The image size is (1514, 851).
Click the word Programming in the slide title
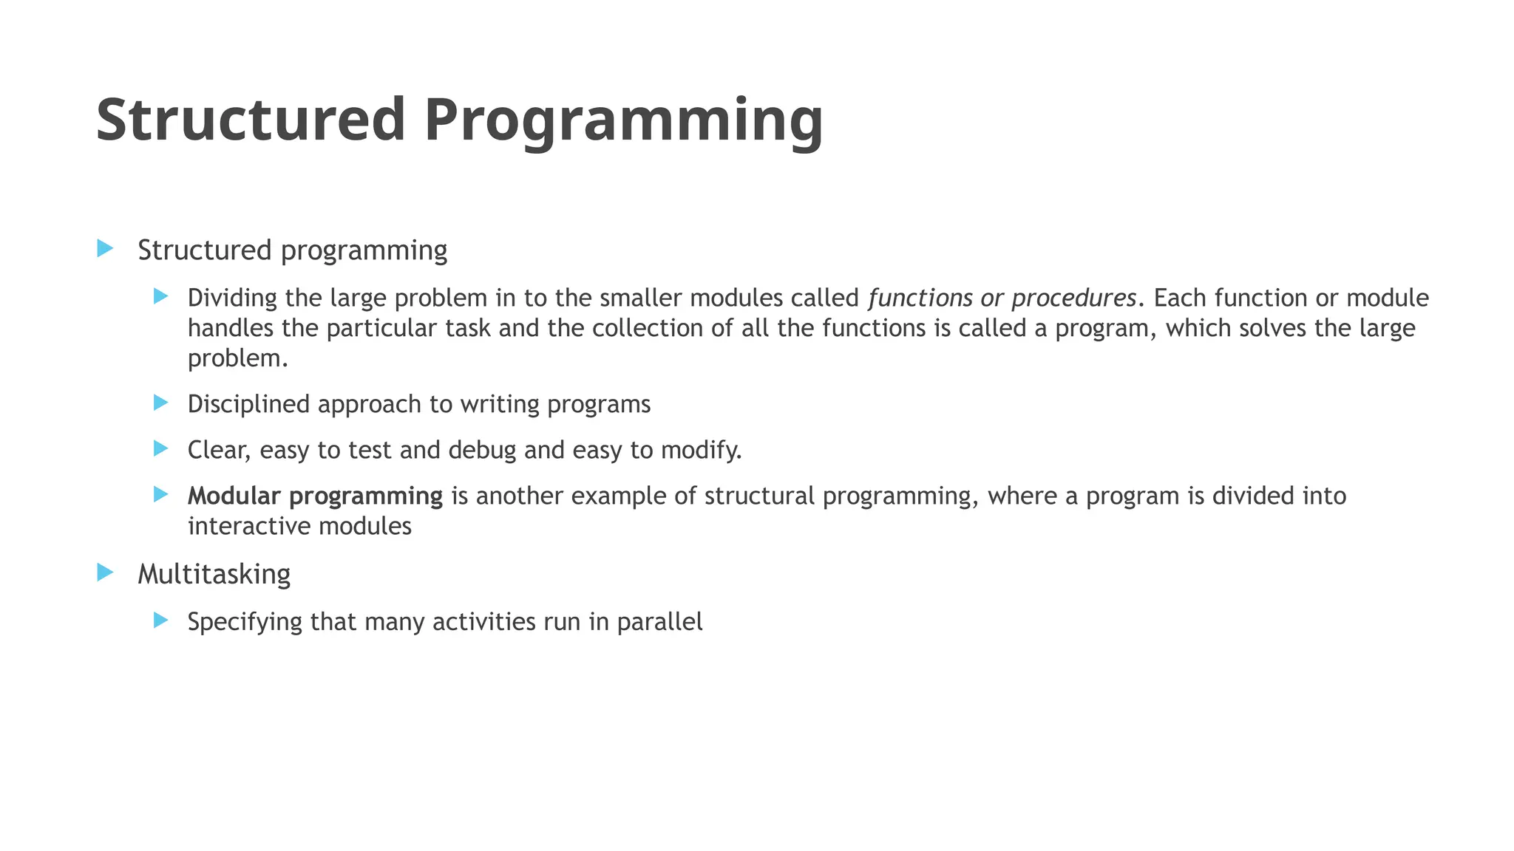click(x=623, y=121)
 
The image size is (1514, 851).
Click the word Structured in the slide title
click(x=251, y=120)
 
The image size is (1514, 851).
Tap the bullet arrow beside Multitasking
click(x=105, y=572)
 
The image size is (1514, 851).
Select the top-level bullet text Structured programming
click(x=292, y=250)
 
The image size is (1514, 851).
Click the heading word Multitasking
click(x=214, y=574)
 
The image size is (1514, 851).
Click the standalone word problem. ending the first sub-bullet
click(x=237, y=359)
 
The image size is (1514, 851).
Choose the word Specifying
click(x=245, y=622)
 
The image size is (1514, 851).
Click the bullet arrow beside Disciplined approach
click(x=161, y=403)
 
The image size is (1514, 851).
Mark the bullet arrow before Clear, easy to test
click(x=161, y=448)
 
